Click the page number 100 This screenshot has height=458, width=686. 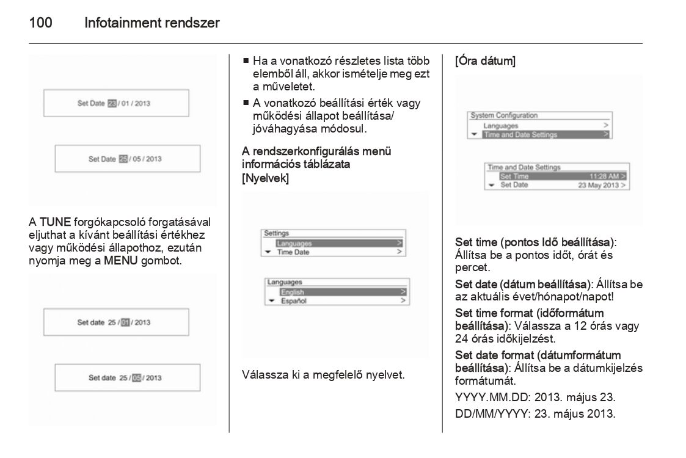click(40, 24)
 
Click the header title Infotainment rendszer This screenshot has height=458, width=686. click(152, 24)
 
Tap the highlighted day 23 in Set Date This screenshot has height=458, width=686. click(112, 103)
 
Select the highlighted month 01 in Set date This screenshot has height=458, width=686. click(125, 322)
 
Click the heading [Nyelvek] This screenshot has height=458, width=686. click(265, 178)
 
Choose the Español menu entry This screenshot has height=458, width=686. click(293, 301)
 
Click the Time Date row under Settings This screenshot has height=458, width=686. click(293, 252)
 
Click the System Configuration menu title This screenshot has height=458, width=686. click(504, 115)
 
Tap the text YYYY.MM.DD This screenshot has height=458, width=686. click(488, 398)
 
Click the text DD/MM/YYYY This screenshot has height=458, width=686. click(491, 413)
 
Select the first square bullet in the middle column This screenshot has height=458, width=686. click(246, 61)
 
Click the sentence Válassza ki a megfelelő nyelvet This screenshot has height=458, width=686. click(323, 374)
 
